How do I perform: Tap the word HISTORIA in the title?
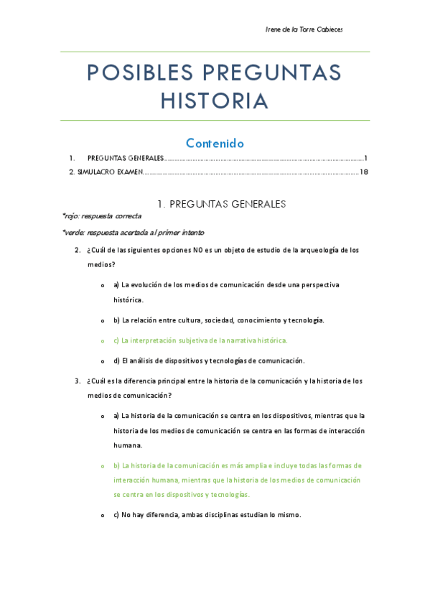(x=215, y=101)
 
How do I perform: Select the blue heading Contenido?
(x=215, y=143)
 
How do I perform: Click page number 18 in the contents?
(x=364, y=172)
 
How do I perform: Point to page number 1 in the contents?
(x=365, y=158)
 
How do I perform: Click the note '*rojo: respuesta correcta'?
(x=102, y=216)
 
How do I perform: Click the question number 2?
(x=77, y=250)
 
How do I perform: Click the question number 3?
(x=77, y=381)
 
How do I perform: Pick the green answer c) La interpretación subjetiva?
(x=200, y=340)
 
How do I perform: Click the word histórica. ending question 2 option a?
(x=128, y=299)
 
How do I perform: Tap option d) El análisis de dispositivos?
(x=209, y=361)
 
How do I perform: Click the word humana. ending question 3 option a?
(x=128, y=445)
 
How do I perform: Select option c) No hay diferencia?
(x=207, y=515)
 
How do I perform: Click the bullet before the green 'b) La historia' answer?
(x=103, y=466)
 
